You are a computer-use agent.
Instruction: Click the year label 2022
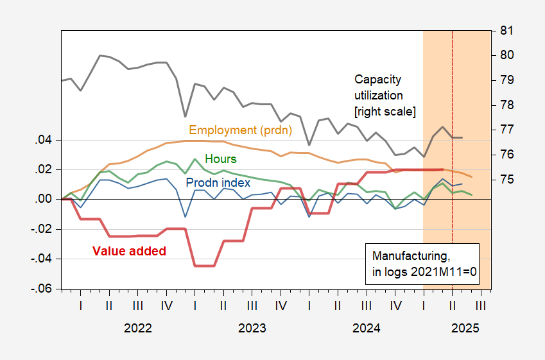[x=138, y=329]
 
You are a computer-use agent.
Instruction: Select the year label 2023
[x=252, y=329]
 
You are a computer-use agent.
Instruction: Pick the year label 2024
[x=367, y=329]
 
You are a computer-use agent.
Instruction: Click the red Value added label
[x=129, y=251]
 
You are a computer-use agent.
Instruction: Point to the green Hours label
[x=220, y=159]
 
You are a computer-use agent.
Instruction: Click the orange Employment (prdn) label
[x=240, y=130]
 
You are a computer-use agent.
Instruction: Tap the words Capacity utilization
[x=379, y=87]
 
